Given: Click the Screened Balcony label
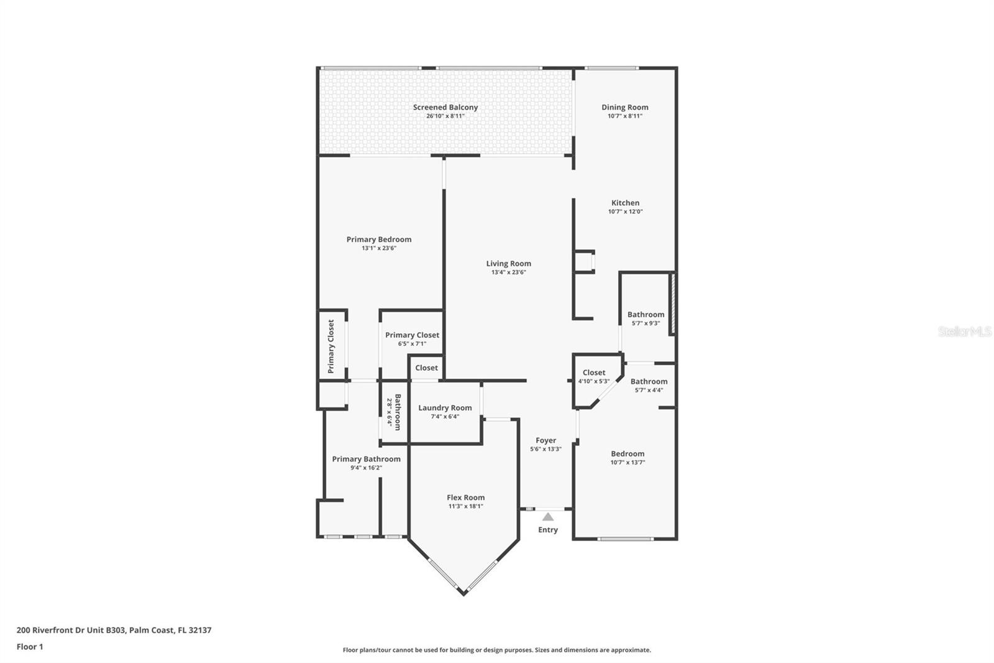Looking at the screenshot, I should tap(445, 108).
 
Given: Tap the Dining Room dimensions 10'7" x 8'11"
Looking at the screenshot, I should tap(624, 116).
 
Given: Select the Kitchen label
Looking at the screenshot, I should tap(625, 203).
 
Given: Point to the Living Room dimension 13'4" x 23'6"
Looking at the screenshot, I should tap(508, 272).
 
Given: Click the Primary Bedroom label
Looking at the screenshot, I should tap(378, 239).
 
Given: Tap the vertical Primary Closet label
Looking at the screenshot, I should tap(331, 346).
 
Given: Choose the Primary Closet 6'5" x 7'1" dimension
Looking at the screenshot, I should tap(412, 344).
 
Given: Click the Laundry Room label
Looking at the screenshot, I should tap(445, 408).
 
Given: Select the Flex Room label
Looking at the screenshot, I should tap(465, 498).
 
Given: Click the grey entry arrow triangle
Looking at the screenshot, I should tap(548, 517).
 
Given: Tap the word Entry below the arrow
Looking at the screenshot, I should tap(548, 530).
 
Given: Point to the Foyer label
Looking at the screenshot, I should tap(545, 440).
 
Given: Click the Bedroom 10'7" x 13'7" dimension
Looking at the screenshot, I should tap(627, 463).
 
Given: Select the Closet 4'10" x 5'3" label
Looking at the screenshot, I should tap(594, 373).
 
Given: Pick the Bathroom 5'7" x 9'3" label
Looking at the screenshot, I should tap(645, 315).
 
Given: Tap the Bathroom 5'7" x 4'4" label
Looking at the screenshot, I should tap(649, 382).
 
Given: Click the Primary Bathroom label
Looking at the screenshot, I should tap(366, 459).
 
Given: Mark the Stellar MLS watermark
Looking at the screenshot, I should tap(964, 332).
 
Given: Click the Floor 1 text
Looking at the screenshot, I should tap(30, 647).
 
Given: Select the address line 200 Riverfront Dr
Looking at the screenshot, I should tap(114, 630).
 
